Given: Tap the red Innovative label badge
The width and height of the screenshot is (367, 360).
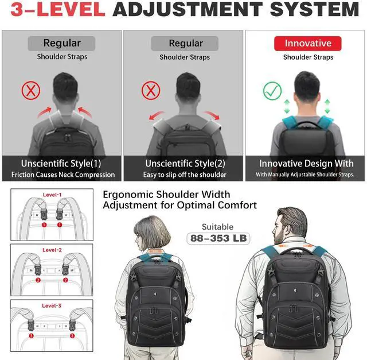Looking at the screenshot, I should (x=308, y=44).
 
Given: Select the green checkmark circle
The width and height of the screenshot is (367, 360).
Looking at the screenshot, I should (x=272, y=91).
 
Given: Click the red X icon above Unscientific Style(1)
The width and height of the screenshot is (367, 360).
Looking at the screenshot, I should (x=30, y=90).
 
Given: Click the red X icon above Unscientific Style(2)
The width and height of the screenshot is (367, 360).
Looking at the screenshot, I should (x=150, y=90).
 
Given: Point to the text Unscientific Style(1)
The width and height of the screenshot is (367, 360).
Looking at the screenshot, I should (x=61, y=164).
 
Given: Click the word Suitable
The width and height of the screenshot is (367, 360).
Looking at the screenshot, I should (x=218, y=227).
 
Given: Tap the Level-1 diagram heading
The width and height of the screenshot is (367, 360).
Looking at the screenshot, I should (x=52, y=195).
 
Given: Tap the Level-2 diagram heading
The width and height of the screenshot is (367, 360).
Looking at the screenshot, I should (x=52, y=250).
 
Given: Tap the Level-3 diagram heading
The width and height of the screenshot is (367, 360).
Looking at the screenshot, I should (x=52, y=306).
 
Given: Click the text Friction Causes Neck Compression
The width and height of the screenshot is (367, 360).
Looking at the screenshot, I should (x=63, y=175).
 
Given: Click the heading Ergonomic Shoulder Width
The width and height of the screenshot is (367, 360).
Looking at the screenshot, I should (x=166, y=195).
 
